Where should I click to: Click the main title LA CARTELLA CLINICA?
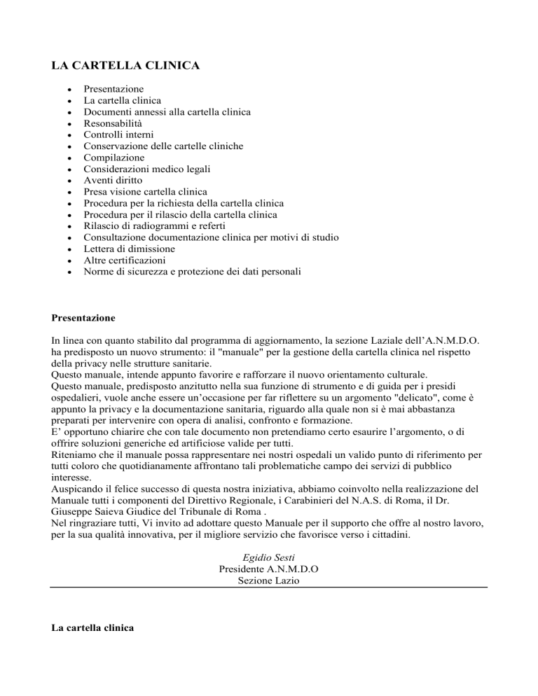[126, 67]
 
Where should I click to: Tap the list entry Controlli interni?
[118, 134]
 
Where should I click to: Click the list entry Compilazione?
[114, 158]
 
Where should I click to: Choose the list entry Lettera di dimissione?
[129, 249]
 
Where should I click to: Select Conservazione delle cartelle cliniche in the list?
[163, 146]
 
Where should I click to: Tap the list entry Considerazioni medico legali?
[149, 169]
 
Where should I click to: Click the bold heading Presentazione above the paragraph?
[83, 318]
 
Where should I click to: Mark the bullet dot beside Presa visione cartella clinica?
[57, 192]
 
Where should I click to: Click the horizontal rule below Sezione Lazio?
[268, 587]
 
